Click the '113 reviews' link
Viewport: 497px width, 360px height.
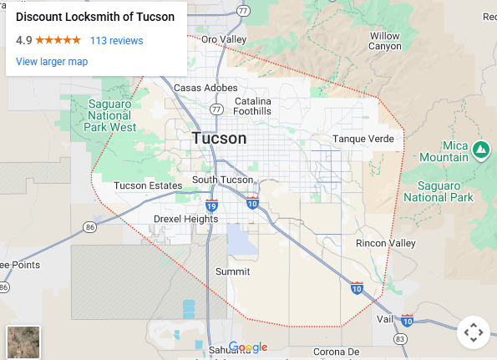[x=116, y=40]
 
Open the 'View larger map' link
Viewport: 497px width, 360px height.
[x=52, y=62]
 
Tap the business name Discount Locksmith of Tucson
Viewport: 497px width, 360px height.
[x=95, y=18]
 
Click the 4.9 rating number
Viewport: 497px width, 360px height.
[x=23, y=40]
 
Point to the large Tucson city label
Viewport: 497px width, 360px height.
[x=219, y=139]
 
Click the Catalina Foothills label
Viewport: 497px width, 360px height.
[x=252, y=106]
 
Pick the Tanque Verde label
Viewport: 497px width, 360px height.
[x=363, y=139]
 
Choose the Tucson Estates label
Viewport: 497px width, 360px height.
[x=148, y=185]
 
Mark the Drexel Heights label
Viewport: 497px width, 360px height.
[x=185, y=219]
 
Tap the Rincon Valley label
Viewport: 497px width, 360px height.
[x=385, y=243]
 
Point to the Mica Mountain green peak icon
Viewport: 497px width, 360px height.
[x=480, y=150]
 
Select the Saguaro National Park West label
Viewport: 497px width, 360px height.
[x=110, y=115]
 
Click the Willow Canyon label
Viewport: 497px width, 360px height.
[x=385, y=41]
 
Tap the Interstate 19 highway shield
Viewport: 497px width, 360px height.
[x=211, y=205]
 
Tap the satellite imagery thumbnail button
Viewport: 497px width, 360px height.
[x=23, y=342]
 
